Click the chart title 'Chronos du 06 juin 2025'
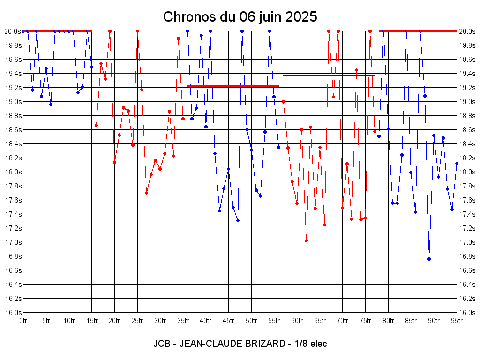[x=240, y=17]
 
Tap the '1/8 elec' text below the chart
[x=309, y=344]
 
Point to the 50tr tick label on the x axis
[x=251, y=321]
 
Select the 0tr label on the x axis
[x=23, y=321]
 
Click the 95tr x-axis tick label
[x=457, y=321]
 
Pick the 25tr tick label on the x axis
[x=137, y=321]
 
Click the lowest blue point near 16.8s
[x=429, y=259]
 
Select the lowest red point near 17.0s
[x=306, y=240]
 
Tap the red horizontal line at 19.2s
[x=233, y=86]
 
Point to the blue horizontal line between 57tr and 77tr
[x=328, y=75]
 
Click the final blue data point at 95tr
[x=457, y=163]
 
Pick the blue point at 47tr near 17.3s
[x=238, y=220]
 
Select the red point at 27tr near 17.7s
[x=146, y=193]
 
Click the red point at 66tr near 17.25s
[x=324, y=225]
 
